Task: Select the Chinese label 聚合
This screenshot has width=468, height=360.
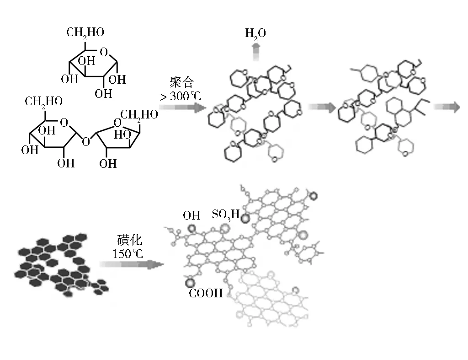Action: [181, 82]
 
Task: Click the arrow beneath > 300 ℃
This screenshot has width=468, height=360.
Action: [181, 108]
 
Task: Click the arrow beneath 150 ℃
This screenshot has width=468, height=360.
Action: [132, 265]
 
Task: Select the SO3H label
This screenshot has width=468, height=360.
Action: [225, 214]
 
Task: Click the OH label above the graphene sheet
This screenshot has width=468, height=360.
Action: [191, 215]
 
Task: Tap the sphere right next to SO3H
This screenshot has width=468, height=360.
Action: [245, 219]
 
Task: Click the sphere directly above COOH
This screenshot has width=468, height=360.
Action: [190, 282]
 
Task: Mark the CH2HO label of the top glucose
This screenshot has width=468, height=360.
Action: [85, 32]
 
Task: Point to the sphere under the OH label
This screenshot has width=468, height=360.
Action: [191, 229]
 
